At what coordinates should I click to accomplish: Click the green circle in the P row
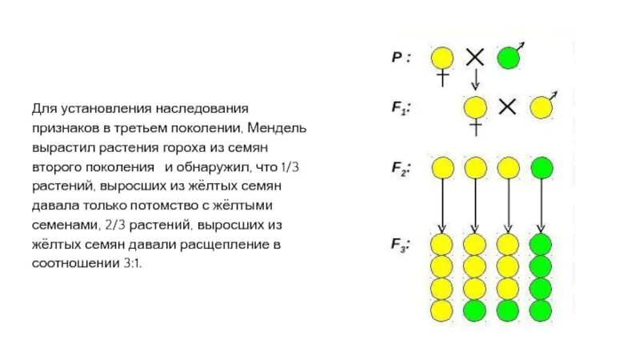click(x=508, y=58)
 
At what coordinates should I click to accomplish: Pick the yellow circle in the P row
click(x=442, y=58)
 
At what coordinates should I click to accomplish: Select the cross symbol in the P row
click(x=475, y=57)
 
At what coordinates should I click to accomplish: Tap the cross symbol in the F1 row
click(x=506, y=106)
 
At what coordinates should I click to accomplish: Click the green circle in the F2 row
click(x=542, y=168)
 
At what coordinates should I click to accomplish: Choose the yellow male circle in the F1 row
click(x=541, y=107)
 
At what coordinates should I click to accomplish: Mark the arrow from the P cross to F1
click(x=475, y=80)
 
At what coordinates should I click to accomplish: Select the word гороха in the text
click(x=191, y=148)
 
